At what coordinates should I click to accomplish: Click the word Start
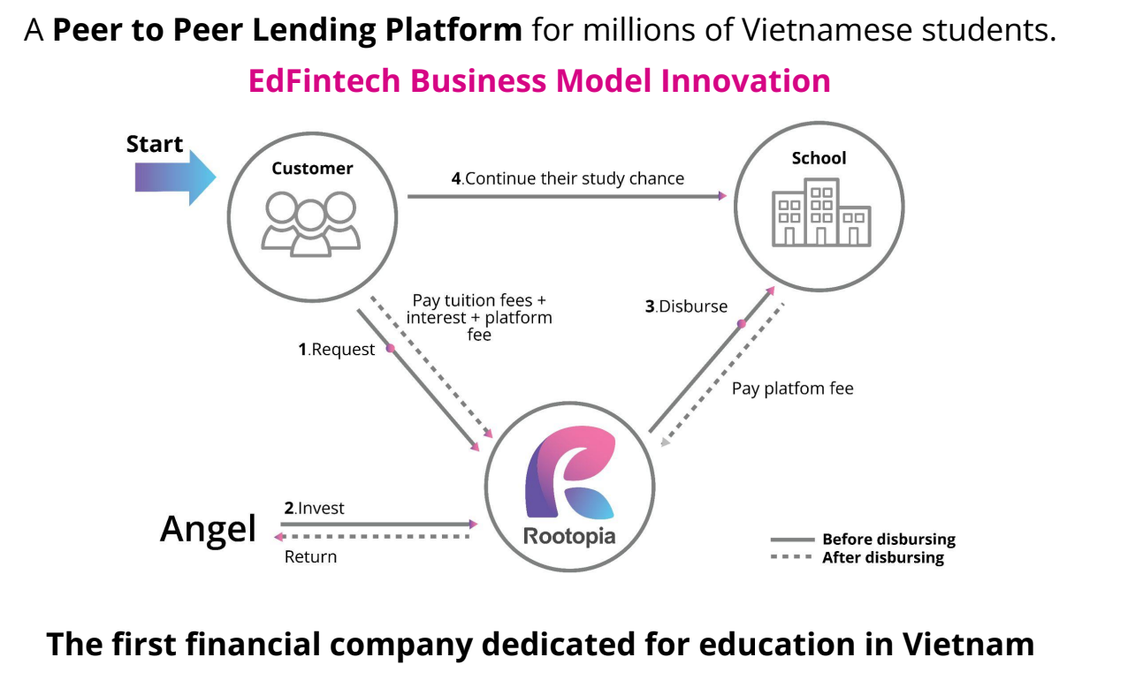155,144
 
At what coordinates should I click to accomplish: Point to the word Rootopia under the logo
568,536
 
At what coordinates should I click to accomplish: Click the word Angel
208,529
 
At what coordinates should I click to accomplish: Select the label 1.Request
337,350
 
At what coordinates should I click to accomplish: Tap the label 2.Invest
315,509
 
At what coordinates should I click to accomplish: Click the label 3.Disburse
686,307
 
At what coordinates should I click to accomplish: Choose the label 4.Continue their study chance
568,178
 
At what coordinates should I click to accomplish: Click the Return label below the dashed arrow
310,557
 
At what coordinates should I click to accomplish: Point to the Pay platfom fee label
792,389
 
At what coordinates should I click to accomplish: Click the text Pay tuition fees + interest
479,310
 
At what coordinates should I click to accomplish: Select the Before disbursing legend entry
888,540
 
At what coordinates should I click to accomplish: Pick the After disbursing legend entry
882,557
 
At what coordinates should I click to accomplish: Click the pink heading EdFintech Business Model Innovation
539,81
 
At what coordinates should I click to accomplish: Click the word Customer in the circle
312,169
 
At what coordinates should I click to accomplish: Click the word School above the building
819,158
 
